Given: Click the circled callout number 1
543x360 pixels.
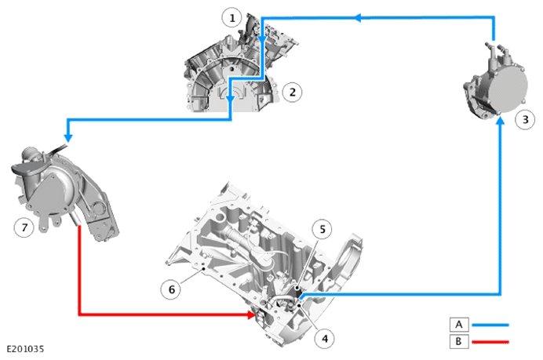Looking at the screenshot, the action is (x=232, y=18).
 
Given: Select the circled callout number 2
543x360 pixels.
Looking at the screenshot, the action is (x=292, y=92).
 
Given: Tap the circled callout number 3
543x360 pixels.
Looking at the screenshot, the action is (x=525, y=119).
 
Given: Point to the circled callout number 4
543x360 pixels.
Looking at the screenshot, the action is (x=325, y=338).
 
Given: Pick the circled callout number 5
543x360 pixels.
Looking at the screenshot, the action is (x=322, y=229).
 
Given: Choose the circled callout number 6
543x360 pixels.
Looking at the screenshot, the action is (x=171, y=289).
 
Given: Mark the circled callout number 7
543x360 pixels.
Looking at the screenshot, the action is (x=24, y=227).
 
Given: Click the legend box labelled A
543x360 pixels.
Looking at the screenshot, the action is (x=459, y=325).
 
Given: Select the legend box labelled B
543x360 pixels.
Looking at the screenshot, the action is (x=459, y=341).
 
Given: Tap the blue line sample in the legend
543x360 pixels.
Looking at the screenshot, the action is (x=490, y=325).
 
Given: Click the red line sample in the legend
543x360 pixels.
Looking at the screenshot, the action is (x=490, y=342).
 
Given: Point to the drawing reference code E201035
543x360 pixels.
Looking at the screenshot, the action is (x=26, y=348).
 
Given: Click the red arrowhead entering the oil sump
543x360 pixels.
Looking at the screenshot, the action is (x=251, y=315).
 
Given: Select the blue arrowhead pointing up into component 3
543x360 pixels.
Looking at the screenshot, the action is (x=500, y=121).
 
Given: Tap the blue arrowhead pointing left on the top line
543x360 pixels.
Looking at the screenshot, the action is (x=358, y=17).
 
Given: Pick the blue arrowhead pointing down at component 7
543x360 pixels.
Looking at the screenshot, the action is (x=68, y=137).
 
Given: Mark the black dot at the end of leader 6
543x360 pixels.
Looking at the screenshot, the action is (x=204, y=268).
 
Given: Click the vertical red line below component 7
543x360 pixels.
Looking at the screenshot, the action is (x=79, y=270).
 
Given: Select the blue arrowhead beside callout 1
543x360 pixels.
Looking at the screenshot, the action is (x=262, y=41).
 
